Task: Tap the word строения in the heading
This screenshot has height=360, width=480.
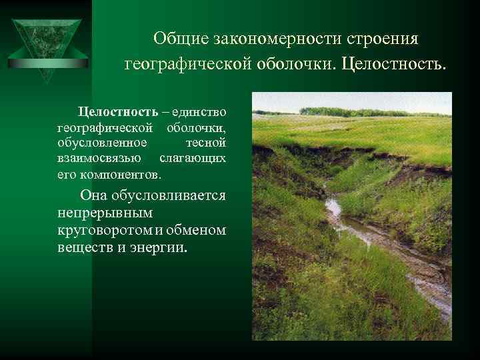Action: coord(387,38)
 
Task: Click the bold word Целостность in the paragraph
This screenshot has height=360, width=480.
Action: coord(118,110)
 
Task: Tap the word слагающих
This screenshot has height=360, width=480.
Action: coord(193,159)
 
